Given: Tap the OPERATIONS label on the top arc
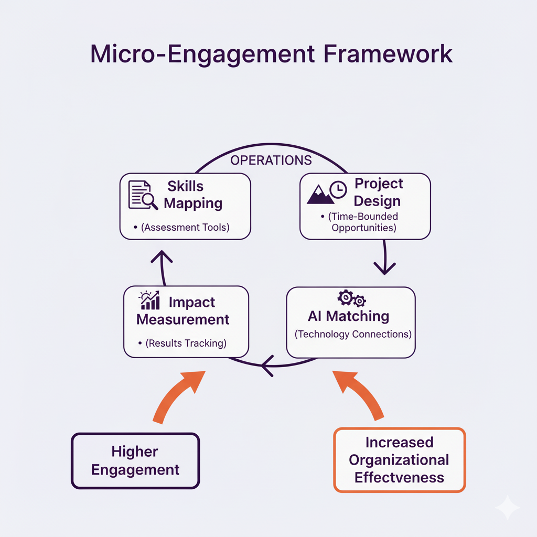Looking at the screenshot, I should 271,160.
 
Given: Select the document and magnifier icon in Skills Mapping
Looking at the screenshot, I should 143,195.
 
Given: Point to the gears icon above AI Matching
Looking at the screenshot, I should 352,299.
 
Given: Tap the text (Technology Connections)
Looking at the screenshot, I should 352,334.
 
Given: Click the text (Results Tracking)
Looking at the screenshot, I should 186,343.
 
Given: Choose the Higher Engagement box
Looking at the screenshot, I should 135,461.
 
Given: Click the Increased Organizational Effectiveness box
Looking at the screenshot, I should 399,460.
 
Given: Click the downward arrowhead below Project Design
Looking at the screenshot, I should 384,268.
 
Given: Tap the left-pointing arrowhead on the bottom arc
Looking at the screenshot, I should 266,365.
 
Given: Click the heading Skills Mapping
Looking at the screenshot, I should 192,195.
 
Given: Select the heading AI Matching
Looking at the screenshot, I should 348,316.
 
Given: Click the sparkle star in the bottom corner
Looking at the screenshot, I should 507,508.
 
